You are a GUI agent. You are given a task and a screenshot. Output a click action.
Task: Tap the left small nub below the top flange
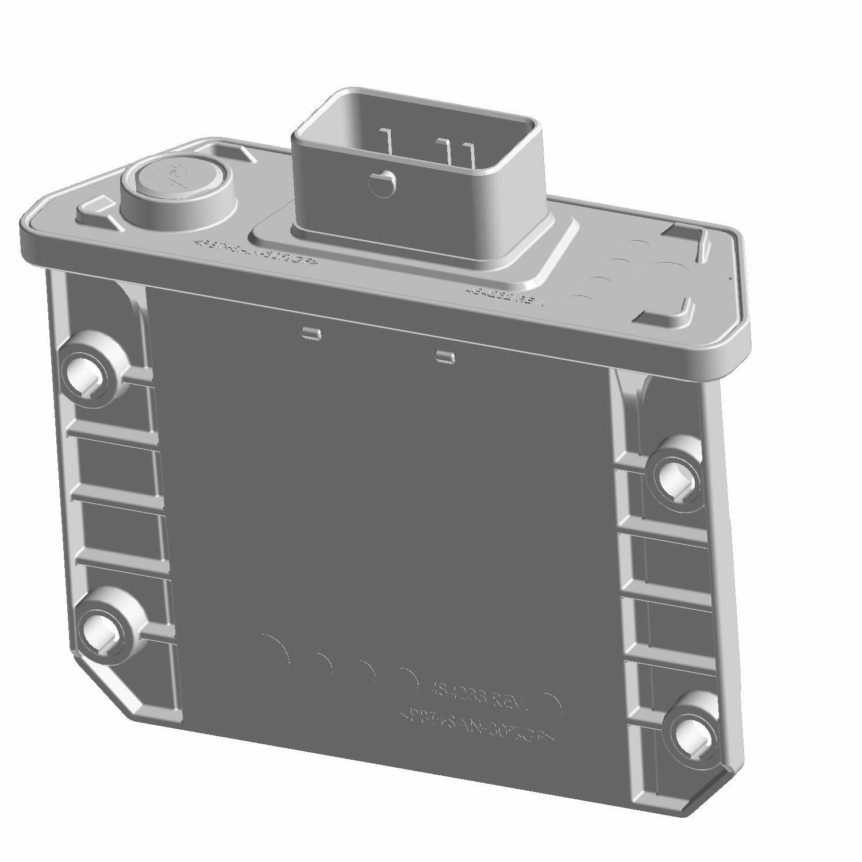pos(311,333)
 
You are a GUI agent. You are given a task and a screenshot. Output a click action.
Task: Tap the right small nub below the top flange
pos(445,356)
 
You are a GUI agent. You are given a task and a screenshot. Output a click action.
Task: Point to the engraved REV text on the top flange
pos(506,295)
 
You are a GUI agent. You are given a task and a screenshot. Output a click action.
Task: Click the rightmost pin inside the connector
pos(471,155)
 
